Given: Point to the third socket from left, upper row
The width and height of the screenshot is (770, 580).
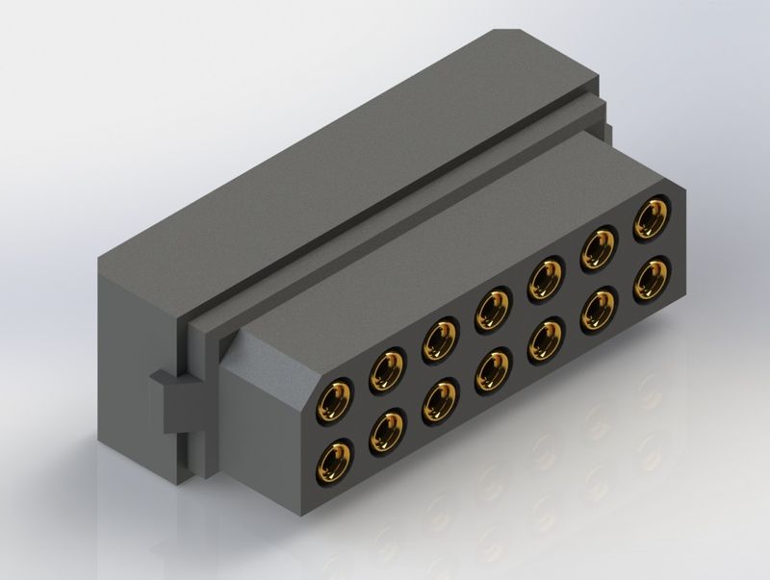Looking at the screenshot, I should pyautogui.click(x=439, y=339).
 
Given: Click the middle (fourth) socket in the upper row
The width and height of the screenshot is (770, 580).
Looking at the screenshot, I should pyautogui.click(x=493, y=310).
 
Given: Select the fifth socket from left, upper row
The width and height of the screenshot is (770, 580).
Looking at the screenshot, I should pyautogui.click(x=546, y=279).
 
